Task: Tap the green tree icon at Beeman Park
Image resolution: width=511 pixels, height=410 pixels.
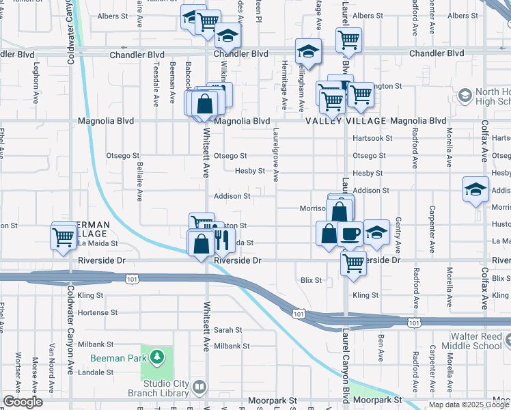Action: coord(158,357)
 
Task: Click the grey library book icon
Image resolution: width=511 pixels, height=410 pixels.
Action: coord(199,387)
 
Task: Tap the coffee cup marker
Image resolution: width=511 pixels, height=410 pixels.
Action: coord(350,234)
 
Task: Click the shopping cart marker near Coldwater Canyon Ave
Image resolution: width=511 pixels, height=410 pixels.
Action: coord(63,238)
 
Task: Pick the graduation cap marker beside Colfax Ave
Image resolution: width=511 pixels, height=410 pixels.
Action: coord(475,190)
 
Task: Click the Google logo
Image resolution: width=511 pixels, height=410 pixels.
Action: coord(23,402)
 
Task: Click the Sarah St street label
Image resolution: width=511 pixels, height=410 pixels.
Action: coord(228,329)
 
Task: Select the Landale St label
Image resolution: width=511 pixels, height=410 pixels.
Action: coord(96,372)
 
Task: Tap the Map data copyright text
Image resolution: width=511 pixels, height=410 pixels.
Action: coord(469,405)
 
